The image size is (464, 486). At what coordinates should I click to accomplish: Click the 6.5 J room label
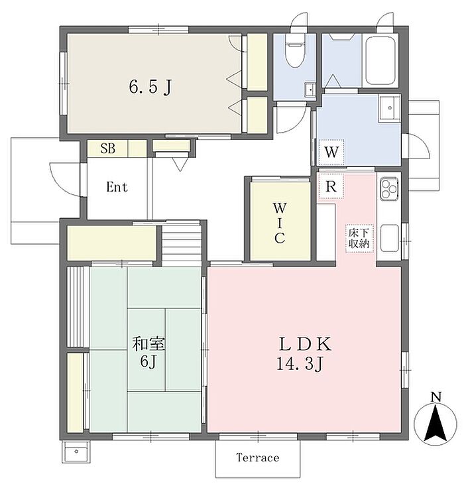pyautogui.click(x=150, y=87)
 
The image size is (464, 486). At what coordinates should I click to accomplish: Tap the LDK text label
pyautogui.click(x=306, y=344)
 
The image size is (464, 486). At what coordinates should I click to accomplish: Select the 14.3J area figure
pyautogui.click(x=300, y=364)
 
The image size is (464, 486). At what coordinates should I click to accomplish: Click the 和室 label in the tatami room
pyautogui.click(x=148, y=343)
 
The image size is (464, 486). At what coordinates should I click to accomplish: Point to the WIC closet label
pyautogui.click(x=279, y=223)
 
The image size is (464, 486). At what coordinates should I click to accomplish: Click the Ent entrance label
pyautogui.click(x=117, y=187)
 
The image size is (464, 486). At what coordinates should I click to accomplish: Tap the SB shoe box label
pyautogui.click(x=107, y=149)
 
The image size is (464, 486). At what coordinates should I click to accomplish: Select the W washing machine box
pyautogui.click(x=331, y=152)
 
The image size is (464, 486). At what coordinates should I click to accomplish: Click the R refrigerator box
pyautogui.click(x=331, y=186)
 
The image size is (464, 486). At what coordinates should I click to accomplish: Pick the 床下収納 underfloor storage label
pyautogui.click(x=359, y=238)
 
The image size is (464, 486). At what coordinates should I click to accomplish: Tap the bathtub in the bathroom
pyautogui.click(x=380, y=60)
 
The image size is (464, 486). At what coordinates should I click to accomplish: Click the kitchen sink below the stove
pyautogui.click(x=390, y=238)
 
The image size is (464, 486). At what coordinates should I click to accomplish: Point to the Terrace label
pyautogui.click(x=258, y=457)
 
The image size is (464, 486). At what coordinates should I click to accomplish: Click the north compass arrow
pyautogui.click(x=435, y=424)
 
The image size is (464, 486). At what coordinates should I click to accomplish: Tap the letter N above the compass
pyautogui.click(x=436, y=397)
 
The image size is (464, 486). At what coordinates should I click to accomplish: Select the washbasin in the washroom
pyautogui.click(x=390, y=108)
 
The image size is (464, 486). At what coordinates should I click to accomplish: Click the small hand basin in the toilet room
pyautogui.click(x=310, y=90)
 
